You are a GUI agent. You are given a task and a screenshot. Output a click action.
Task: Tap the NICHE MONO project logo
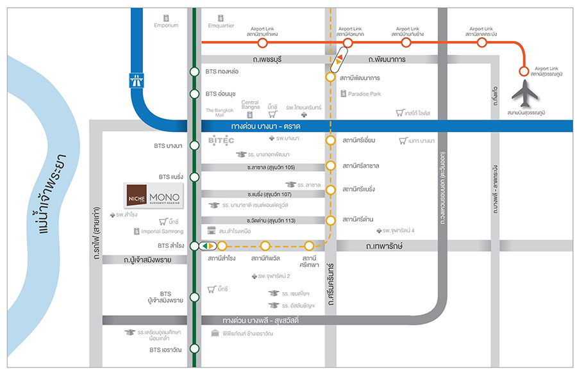[x=153, y=195]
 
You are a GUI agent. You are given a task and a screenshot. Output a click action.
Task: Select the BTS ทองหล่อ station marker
[x=194, y=72]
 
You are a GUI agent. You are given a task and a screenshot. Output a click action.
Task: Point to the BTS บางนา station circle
[x=194, y=146]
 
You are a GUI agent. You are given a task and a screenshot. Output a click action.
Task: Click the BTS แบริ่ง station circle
[x=194, y=176]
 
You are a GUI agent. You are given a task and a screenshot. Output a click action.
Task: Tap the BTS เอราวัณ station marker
[x=194, y=350]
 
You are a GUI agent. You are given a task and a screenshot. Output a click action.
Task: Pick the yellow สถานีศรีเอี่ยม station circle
[x=331, y=140]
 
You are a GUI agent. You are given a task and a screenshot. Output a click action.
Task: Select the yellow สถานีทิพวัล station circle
[x=265, y=245]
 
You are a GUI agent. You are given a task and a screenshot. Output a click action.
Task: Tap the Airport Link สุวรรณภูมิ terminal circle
[x=523, y=71]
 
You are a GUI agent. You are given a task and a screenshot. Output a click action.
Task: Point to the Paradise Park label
[x=364, y=94]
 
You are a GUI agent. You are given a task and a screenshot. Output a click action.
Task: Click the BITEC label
[x=222, y=140]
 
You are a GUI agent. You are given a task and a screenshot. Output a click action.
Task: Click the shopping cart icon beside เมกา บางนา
[x=403, y=140]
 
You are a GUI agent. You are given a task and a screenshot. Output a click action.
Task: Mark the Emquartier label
[x=222, y=26]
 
